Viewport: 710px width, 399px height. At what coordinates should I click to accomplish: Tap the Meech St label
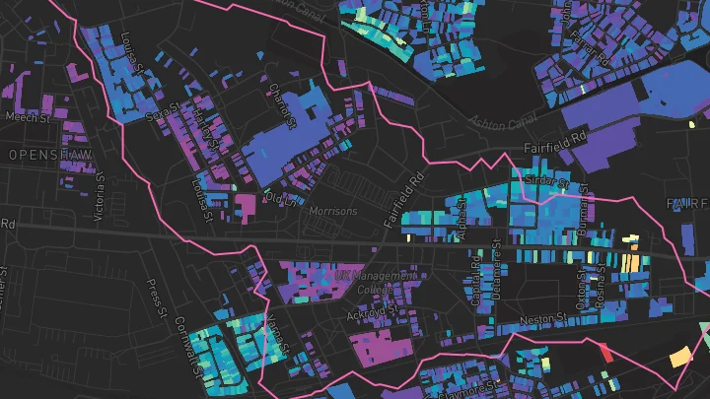click(x=27, y=118)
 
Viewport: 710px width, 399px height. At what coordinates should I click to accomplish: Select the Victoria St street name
click(x=100, y=197)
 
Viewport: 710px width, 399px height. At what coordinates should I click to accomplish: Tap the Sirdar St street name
click(x=548, y=183)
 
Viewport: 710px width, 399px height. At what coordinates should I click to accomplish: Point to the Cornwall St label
click(x=186, y=341)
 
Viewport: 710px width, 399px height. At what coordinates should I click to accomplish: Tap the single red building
click(x=605, y=351)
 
